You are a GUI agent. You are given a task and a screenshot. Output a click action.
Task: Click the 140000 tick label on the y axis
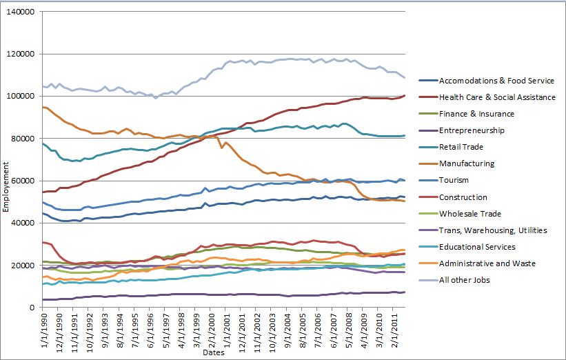click(21, 12)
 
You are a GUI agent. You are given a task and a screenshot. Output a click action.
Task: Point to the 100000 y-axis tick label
click(21, 97)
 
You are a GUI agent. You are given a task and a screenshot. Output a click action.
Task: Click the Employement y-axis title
click(7, 160)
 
